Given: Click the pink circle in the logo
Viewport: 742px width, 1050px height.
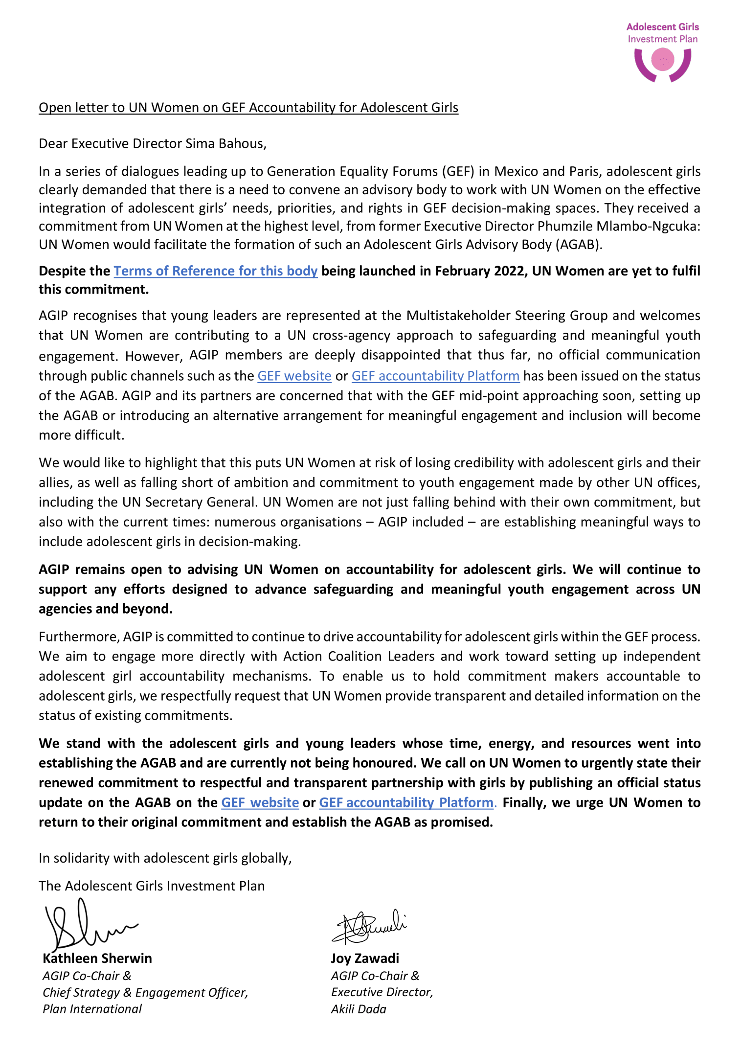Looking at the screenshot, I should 663,60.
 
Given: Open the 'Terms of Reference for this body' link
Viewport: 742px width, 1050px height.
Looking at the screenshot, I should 216,271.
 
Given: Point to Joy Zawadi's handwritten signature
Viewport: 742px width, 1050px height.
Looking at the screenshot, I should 369,926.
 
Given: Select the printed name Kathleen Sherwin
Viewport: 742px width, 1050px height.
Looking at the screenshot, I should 97,958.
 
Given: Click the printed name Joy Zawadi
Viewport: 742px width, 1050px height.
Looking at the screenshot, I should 365,958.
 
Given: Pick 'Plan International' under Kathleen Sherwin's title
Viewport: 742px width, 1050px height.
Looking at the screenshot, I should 92,1009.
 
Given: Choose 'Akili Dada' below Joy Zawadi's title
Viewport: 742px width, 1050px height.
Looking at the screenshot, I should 359,1009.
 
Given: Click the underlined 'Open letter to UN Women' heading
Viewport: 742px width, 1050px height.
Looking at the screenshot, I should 248,108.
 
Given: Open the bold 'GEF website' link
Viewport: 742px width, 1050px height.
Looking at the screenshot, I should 260,802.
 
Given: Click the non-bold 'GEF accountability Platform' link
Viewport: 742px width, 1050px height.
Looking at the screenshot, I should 435,376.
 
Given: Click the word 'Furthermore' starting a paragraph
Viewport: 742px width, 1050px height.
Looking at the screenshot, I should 79,637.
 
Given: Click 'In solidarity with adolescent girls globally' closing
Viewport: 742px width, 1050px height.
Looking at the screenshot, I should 165,858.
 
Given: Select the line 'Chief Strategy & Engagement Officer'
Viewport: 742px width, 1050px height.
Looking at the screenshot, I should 145,992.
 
